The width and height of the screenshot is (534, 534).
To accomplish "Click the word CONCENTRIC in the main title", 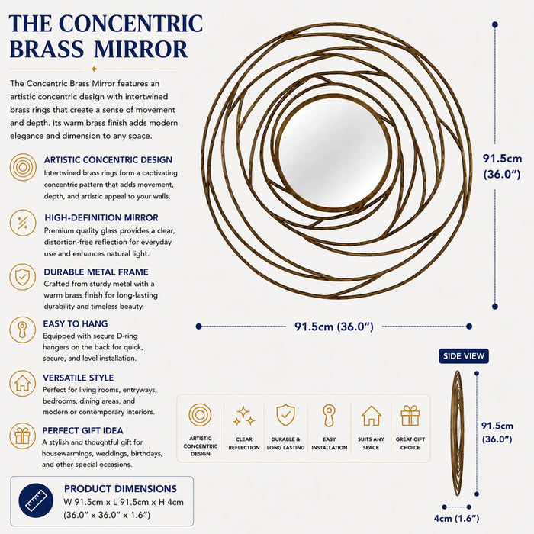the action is (130, 24).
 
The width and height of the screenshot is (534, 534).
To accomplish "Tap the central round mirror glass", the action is (333, 153).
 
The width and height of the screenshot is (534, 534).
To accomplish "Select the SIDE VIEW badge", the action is (464, 356).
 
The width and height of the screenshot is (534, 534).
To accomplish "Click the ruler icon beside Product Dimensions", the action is (36, 500).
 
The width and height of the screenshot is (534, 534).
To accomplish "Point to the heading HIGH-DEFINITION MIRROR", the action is (101, 217).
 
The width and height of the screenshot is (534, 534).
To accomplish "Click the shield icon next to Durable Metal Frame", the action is (22, 277).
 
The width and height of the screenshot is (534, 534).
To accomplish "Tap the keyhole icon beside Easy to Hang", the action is (22, 330).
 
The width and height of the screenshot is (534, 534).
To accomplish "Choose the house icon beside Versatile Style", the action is (22, 384).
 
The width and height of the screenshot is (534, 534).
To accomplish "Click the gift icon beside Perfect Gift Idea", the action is (22, 436).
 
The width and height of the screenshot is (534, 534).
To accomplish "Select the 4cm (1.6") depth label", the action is (456, 518).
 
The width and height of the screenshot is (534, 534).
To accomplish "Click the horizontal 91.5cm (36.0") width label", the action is (334, 327).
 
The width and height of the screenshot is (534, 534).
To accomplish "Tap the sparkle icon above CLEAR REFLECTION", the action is (244, 416).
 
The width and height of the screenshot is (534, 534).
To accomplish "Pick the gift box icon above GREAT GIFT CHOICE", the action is (410, 416).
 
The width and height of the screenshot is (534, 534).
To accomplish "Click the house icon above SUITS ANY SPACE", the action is (371, 416).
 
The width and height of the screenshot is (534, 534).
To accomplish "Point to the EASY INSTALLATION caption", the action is (330, 443).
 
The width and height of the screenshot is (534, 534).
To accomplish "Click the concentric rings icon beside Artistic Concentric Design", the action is (23, 167).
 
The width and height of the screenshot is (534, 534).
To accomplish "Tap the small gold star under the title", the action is (94, 69).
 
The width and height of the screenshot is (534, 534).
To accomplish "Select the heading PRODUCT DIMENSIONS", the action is (121, 489).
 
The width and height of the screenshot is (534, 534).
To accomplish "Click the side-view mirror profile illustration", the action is (458, 433).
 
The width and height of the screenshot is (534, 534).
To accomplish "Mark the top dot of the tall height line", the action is (495, 24).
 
